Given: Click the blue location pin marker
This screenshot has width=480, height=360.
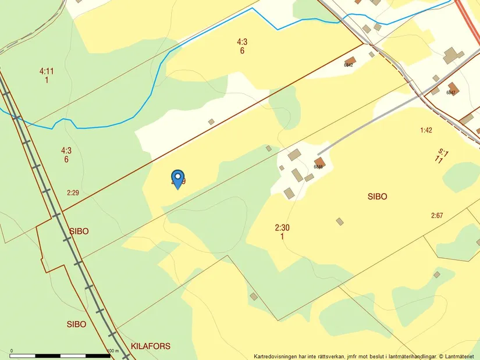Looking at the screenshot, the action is click(x=177, y=178).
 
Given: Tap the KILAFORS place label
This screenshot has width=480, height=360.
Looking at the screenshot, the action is click(x=151, y=346).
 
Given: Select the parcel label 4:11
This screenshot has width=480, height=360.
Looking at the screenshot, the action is click(x=47, y=72).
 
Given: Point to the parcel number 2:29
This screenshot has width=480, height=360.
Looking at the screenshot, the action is click(x=73, y=193).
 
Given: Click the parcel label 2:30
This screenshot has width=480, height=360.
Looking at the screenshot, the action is click(x=282, y=228).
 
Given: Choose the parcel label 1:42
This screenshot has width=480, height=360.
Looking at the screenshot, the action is click(x=426, y=130).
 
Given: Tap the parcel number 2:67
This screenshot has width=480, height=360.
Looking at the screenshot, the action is click(x=437, y=216).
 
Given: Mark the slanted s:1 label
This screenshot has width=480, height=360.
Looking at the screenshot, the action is click(x=443, y=153).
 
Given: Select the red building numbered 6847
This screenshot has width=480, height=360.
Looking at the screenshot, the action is click(x=453, y=88).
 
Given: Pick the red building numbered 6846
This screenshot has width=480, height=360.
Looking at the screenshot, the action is click(x=319, y=162).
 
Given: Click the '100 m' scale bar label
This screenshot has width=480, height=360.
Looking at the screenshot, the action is click(x=113, y=351).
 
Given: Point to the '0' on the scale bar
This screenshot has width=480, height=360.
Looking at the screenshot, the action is click(x=12, y=351).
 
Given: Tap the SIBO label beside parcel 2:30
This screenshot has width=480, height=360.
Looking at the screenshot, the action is click(x=377, y=197).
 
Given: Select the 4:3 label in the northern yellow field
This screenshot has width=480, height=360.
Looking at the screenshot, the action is click(x=242, y=42).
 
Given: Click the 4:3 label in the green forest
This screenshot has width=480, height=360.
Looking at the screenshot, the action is click(x=66, y=151).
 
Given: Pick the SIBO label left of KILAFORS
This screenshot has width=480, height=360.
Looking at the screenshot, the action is click(x=76, y=324).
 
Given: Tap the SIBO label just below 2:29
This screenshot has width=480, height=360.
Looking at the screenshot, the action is click(x=79, y=231).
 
